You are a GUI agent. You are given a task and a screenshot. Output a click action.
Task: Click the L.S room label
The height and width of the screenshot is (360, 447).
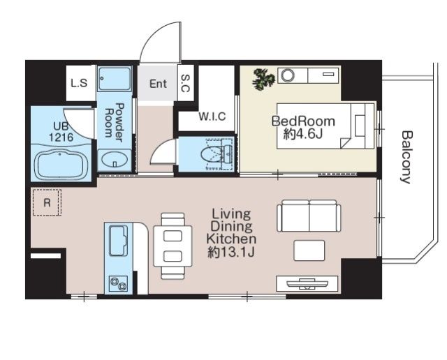79,83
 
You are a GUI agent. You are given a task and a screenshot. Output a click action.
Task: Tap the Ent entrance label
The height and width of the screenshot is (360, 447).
158,84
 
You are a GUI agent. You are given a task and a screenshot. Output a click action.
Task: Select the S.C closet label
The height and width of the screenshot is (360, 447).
185,84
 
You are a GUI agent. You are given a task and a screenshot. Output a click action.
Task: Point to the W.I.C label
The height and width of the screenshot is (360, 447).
212,117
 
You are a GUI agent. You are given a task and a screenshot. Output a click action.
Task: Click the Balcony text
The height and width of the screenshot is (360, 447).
406,157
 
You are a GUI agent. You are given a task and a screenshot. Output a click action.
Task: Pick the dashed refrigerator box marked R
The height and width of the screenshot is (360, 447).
47,202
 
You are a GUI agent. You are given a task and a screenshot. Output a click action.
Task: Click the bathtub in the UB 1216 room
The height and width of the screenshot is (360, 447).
60,166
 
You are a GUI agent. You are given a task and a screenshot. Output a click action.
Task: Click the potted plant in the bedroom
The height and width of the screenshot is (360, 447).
264,79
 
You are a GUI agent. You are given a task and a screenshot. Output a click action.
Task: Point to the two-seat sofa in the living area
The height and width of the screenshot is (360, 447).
309,216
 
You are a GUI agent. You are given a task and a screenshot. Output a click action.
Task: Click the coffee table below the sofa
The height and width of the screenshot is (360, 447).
309,250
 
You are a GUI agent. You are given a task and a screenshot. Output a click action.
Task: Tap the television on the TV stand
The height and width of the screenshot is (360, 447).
307,283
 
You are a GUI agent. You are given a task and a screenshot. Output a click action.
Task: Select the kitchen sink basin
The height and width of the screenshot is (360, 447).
119,241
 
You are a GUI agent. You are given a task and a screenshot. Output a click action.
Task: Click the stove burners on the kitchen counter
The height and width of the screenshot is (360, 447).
119,284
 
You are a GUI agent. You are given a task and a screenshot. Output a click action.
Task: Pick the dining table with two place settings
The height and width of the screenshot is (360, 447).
173,246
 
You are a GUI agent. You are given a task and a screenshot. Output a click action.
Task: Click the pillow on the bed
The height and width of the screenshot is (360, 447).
360,126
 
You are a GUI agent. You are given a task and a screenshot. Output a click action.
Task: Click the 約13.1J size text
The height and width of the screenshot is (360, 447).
231,252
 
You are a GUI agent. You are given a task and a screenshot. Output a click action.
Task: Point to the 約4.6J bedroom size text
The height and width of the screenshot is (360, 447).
302,134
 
